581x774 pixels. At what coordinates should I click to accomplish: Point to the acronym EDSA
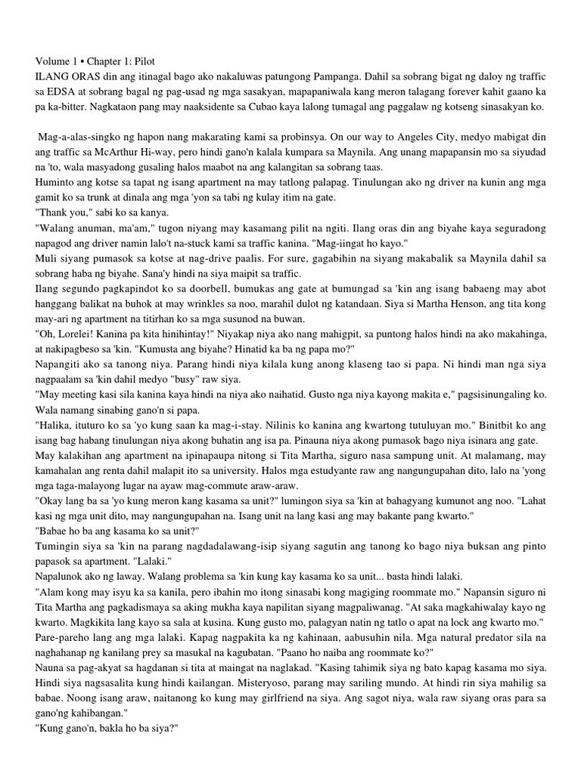(x=61, y=91)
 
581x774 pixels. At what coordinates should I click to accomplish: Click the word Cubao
(x=247, y=107)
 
